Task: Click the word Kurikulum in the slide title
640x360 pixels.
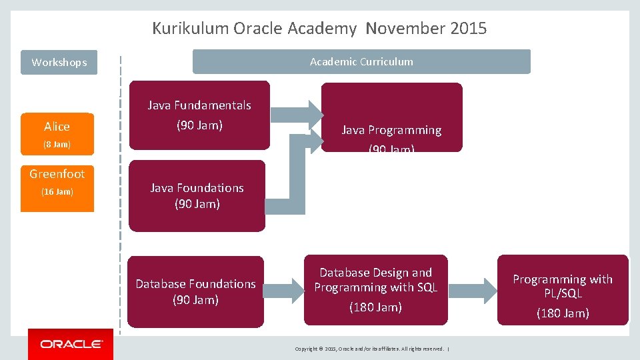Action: point(191,29)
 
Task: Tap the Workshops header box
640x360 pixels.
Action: point(59,63)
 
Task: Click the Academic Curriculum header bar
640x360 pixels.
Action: point(361,61)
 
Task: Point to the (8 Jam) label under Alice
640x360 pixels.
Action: point(57,144)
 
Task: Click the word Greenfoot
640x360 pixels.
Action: point(57,174)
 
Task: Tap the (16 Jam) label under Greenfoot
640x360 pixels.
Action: point(57,192)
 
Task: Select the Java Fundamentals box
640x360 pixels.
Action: point(199,115)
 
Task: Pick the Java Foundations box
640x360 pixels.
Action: point(197,196)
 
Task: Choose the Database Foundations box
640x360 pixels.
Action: point(195,292)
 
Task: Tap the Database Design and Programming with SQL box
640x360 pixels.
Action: point(375,290)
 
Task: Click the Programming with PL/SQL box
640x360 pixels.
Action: point(562,290)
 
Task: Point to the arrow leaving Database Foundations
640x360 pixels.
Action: point(283,290)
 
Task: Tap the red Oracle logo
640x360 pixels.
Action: point(71,344)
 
